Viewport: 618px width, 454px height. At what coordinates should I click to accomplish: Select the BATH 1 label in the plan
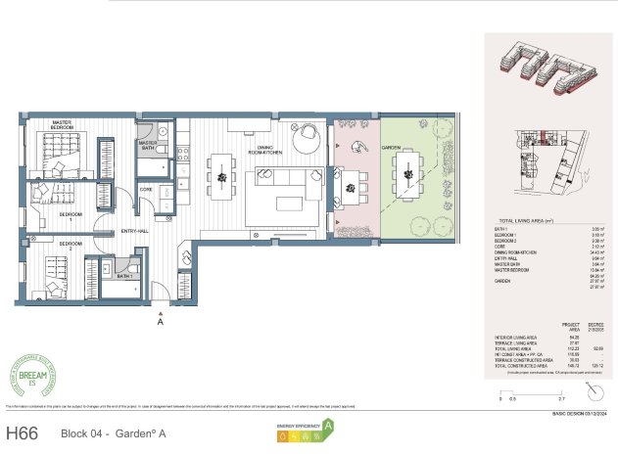click(123, 276)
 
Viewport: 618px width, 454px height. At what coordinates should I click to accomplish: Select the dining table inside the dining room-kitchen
click(223, 177)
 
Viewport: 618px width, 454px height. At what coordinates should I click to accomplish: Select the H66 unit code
click(25, 431)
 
